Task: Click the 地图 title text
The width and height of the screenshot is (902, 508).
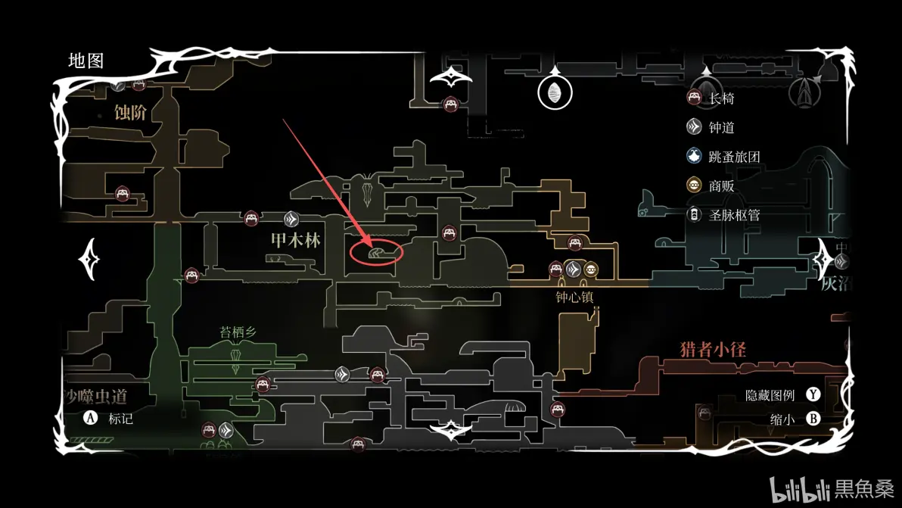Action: click(86, 61)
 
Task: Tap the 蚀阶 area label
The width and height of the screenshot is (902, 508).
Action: click(130, 113)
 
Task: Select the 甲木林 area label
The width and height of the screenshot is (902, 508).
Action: click(295, 241)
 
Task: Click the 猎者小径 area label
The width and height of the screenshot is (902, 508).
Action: click(713, 349)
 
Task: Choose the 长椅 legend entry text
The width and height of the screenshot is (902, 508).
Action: click(721, 98)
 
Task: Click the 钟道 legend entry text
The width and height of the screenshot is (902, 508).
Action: click(721, 128)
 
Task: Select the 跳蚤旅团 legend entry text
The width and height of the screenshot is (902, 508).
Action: click(734, 157)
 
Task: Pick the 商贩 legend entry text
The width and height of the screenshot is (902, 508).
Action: click(721, 186)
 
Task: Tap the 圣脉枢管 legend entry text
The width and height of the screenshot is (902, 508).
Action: click(734, 215)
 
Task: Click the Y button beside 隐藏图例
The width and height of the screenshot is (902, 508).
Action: click(813, 394)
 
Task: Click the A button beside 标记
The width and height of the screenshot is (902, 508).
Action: click(91, 418)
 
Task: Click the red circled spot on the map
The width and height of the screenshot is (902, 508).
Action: click(377, 252)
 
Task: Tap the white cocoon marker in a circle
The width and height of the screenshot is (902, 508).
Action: click(555, 92)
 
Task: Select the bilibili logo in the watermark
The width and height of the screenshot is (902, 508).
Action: click(800, 489)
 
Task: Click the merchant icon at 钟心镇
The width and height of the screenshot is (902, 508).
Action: click(590, 269)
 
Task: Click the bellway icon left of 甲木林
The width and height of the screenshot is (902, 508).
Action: click(292, 220)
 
